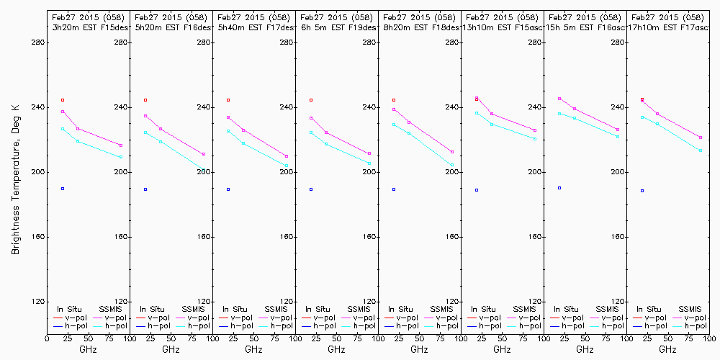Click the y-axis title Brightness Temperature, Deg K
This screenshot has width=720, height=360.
14,179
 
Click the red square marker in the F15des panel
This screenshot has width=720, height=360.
63,100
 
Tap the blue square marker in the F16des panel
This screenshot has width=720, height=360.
145,189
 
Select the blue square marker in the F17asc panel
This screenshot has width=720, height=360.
642,191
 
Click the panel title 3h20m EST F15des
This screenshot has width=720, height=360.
88,27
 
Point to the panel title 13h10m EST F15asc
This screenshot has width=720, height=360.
503,27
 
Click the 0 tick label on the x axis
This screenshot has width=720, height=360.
47,338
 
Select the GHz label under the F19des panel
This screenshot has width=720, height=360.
336,349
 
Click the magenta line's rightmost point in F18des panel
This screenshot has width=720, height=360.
452,152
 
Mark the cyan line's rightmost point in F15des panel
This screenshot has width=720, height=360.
121,157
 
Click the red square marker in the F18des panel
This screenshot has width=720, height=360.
394,100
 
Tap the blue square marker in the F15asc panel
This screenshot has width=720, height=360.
477,190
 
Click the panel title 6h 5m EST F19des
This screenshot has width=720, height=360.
337,27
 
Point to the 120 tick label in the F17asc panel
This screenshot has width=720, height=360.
618,302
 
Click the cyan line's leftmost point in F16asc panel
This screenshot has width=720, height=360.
559,114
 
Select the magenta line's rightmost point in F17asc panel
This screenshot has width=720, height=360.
701,138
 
